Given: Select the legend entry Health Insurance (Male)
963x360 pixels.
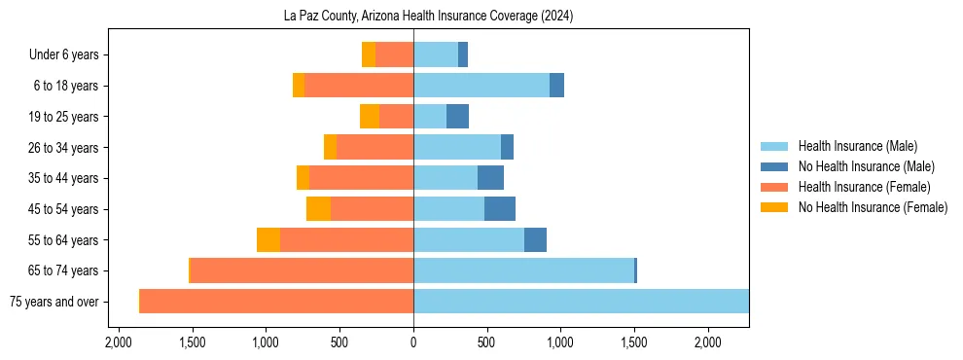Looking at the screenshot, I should click(857, 146).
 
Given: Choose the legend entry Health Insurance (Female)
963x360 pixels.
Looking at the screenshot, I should click(864, 187).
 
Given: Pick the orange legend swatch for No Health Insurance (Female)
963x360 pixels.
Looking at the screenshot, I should click(775, 207).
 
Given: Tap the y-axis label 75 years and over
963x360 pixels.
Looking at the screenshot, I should click(53, 302).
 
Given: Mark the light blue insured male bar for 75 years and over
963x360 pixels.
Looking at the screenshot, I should click(581, 302).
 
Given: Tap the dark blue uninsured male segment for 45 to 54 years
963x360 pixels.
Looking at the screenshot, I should click(500, 209).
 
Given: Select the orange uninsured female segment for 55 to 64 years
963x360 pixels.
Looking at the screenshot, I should click(268, 240).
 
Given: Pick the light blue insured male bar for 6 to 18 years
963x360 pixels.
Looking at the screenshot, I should click(481, 86).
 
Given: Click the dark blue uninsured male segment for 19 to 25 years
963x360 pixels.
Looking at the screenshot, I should click(457, 117).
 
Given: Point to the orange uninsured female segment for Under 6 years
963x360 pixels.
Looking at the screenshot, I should click(369, 55).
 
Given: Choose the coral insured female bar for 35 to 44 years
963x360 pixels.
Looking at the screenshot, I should click(361, 178).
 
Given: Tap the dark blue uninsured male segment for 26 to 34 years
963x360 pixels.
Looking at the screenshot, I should click(507, 148).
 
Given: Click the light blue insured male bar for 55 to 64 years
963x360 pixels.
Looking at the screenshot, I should click(469, 240).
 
